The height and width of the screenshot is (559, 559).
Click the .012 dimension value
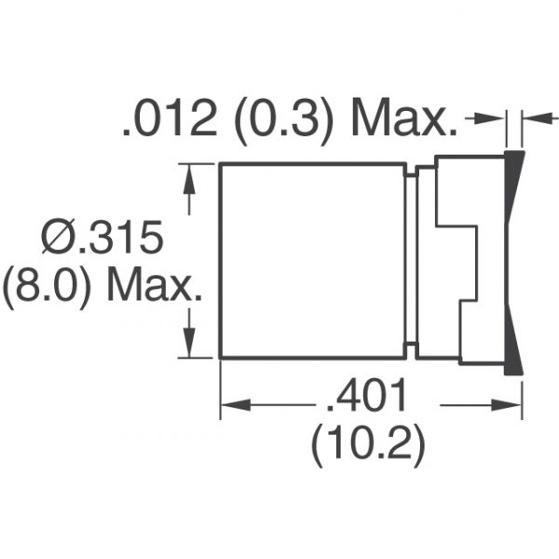tap(170, 117)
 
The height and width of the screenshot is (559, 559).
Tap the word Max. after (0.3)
tap(404, 117)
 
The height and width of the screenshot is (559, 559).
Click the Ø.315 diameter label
tap(102, 237)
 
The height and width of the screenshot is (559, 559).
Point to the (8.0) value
tap(46, 286)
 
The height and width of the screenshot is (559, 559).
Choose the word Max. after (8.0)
tap(154, 284)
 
